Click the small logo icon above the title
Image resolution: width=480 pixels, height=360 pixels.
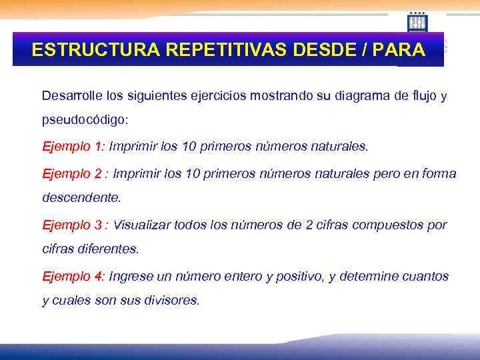[x=417, y=22]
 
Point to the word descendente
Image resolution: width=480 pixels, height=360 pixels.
[x=81, y=198]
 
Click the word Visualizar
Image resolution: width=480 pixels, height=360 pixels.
[x=141, y=225]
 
